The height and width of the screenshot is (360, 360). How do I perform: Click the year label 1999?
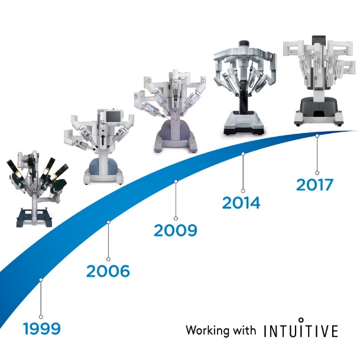[42, 329]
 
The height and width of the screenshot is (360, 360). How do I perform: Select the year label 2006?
[108, 271]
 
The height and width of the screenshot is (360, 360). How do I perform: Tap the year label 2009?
[176, 231]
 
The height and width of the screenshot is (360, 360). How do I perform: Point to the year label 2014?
[241, 203]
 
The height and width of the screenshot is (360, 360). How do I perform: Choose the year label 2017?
[314, 185]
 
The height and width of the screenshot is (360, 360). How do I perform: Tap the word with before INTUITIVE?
[244, 330]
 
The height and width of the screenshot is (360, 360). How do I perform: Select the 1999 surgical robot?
[37, 188]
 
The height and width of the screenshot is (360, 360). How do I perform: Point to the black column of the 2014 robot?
[244, 101]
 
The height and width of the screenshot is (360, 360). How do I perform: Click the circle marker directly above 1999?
[41, 317]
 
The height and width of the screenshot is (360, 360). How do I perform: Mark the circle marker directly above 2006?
[108, 259]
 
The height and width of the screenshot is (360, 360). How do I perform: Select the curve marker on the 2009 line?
[176, 181]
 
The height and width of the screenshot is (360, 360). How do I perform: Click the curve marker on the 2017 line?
[317, 136]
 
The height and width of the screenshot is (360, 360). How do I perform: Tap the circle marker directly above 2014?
[243, 191]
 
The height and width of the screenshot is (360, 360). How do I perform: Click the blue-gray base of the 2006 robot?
[103, 164]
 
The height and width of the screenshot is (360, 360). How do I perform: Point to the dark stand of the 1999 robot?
[34, 217]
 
